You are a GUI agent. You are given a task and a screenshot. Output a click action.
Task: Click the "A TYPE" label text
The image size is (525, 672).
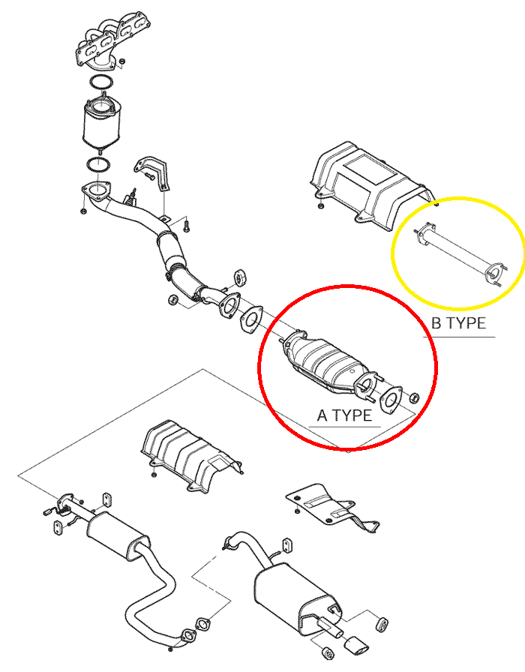pyautogui.click(x=344, y=415)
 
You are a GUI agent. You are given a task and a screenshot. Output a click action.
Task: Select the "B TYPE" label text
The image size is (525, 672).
pyautogui.click(x=458, y=322)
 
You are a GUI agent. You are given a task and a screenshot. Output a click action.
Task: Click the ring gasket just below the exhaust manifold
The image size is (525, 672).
pyautogui.click(x=101, y=82)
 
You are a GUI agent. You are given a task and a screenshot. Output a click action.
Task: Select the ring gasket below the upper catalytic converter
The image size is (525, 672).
pyautogui.click(x=98, y=165)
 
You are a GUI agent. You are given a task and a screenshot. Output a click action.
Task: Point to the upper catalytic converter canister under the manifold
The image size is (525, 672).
pyautogui.click(x=101, y=124)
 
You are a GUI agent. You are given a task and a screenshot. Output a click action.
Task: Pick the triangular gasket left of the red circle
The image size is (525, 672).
pyautogui.click(x=251, y=319)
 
